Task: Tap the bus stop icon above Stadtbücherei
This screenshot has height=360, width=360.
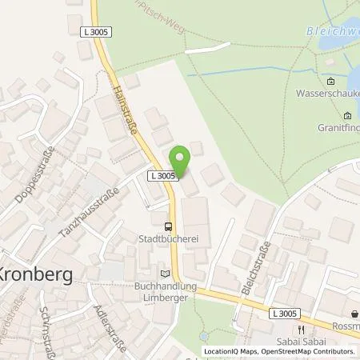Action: coord(167,226)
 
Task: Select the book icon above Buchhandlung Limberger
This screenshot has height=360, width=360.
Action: coord(166,274)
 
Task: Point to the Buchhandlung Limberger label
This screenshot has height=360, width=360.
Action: coord(167,290)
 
